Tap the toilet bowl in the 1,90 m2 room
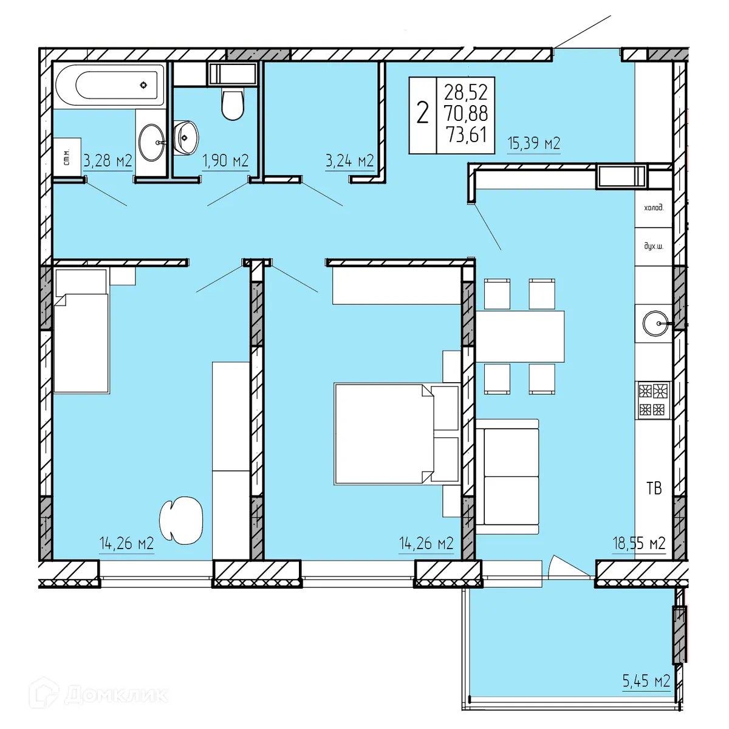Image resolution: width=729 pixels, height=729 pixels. click(232, 104)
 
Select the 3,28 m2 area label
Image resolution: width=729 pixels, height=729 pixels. click(108, 161)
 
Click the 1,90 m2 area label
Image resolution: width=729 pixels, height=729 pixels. click(225, 161)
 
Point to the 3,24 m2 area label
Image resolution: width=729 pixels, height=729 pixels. click(349, 161)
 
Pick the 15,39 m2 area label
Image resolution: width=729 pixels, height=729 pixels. click(533, 144)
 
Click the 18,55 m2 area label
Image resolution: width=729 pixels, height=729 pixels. click(638, 543)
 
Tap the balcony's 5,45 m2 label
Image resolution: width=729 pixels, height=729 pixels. click(646, 681)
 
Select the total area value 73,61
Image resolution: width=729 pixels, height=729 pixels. click(466, 134)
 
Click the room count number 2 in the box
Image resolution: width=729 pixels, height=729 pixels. click(422, 113)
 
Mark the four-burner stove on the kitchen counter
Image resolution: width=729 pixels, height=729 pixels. click(653, 400)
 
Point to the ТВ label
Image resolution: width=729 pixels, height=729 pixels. click(654, 488)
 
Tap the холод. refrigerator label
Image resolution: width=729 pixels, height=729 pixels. click(654, 208)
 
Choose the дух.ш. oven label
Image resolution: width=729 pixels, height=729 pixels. click(654, 247)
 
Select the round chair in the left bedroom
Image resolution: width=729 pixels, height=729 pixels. click(181, 521)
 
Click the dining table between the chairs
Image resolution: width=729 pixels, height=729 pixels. click(520, 337)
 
